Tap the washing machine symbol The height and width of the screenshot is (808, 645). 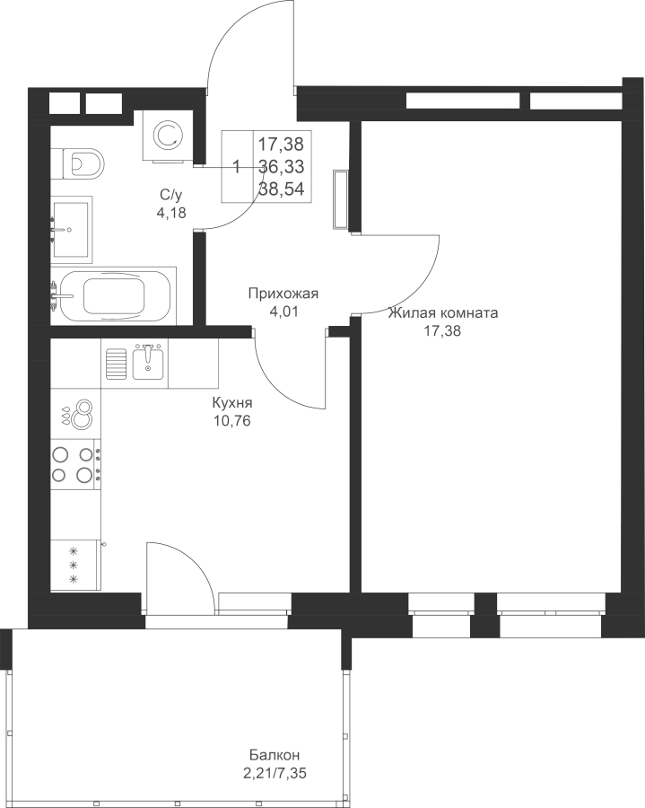(x=169, y=136)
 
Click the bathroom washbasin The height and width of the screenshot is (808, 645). (x=71, y=229)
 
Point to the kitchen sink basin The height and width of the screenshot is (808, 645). (x=148, y=364)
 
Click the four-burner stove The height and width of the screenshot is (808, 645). (x=75, y=464)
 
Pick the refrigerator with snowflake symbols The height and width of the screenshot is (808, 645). (x=75, y=565)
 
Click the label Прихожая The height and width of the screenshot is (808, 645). (x=283, y=294)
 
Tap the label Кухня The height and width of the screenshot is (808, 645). (x=232, y=403)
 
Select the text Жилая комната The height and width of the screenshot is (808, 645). (x=443, y=312)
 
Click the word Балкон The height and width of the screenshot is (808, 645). (x=275, y=755)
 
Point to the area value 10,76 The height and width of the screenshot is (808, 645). (x=232, y=421)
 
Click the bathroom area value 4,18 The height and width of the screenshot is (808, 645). (x=171, y=212)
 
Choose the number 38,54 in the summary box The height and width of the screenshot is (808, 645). (x=281, y=189)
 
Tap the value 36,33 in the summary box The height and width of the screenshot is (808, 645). (x=281, y=166)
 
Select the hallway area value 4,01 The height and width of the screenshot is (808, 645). (x=283, y=312)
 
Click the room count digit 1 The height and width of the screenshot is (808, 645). (x=237, y=167)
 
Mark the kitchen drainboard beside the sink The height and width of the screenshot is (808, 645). (x=117, y=364)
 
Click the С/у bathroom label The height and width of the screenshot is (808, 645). (x=171, y=195)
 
